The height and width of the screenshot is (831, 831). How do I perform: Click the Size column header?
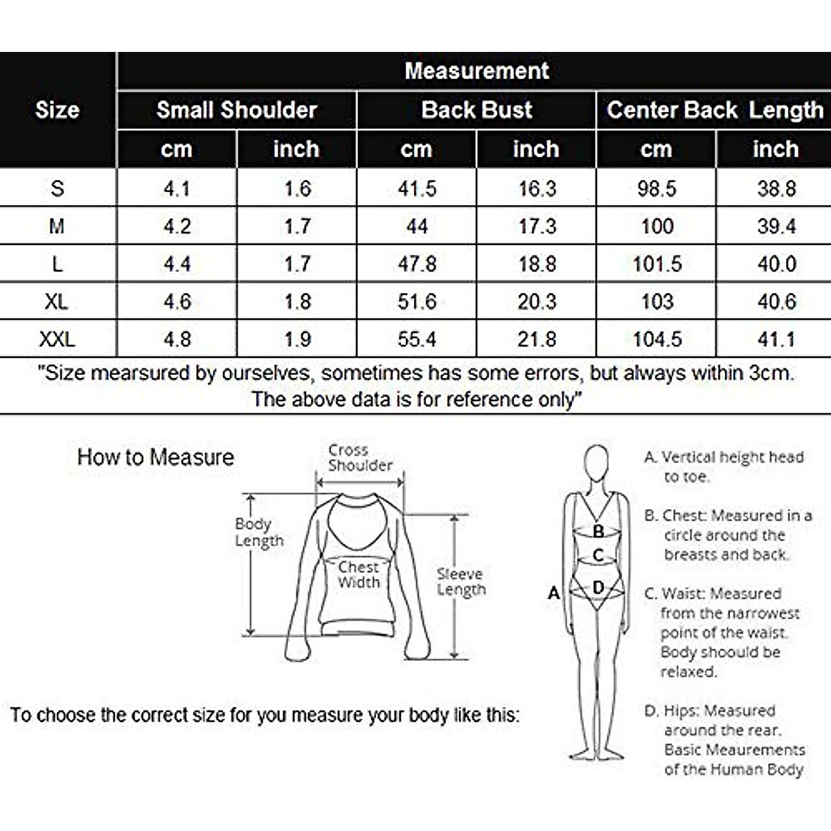pyautogui.click(x=57, y=109)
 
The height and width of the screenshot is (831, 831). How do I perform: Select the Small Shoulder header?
pyautogui.click(x=236, y=109)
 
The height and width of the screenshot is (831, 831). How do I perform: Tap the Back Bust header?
pyautogui.click(x=476, y=109)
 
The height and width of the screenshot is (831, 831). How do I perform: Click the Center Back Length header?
pyautogui.click(x=715, y=109)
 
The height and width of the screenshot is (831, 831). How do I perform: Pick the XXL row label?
pyautogui.click(x=57, y=339)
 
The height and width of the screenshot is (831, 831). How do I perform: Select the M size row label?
pyautogui.click(x=57, y=226)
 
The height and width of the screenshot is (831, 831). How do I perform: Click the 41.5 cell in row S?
pyautogui.click(x=417, y=188)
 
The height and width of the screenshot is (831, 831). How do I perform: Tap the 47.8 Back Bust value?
pyautogui.click(x=417, y=264)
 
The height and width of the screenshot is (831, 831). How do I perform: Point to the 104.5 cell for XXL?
pyautogui.click(x=656, y=339)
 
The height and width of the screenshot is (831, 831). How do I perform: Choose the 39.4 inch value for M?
pyautogui.click(x=776, y=226)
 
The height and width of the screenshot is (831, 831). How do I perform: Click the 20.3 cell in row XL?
pyautogui.click(x=537, y=301)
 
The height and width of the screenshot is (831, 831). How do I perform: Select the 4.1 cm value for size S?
pyautogui.click(x=177, y=188)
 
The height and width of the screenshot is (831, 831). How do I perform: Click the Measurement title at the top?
pyautogui.click(x=476, y=71)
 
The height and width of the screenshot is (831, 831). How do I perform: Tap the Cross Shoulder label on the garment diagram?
pyautogui.click(x=359, y=458)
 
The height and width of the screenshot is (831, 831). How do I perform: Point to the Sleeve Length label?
pyautogui.click(x=461, y=582)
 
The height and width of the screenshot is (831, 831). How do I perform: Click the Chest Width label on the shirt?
pyautogui.click(x=359, y=575)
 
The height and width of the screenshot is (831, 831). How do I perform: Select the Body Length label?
pyautogui.click(x=259, y=532)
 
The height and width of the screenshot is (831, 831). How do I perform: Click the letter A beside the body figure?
pyautogui.click(x=553, y=593)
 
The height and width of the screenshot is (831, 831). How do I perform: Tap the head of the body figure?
pyautogui.click(x=596, y=462)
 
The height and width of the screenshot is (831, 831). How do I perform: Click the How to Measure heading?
pyautogui.click(x=156, y=457)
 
